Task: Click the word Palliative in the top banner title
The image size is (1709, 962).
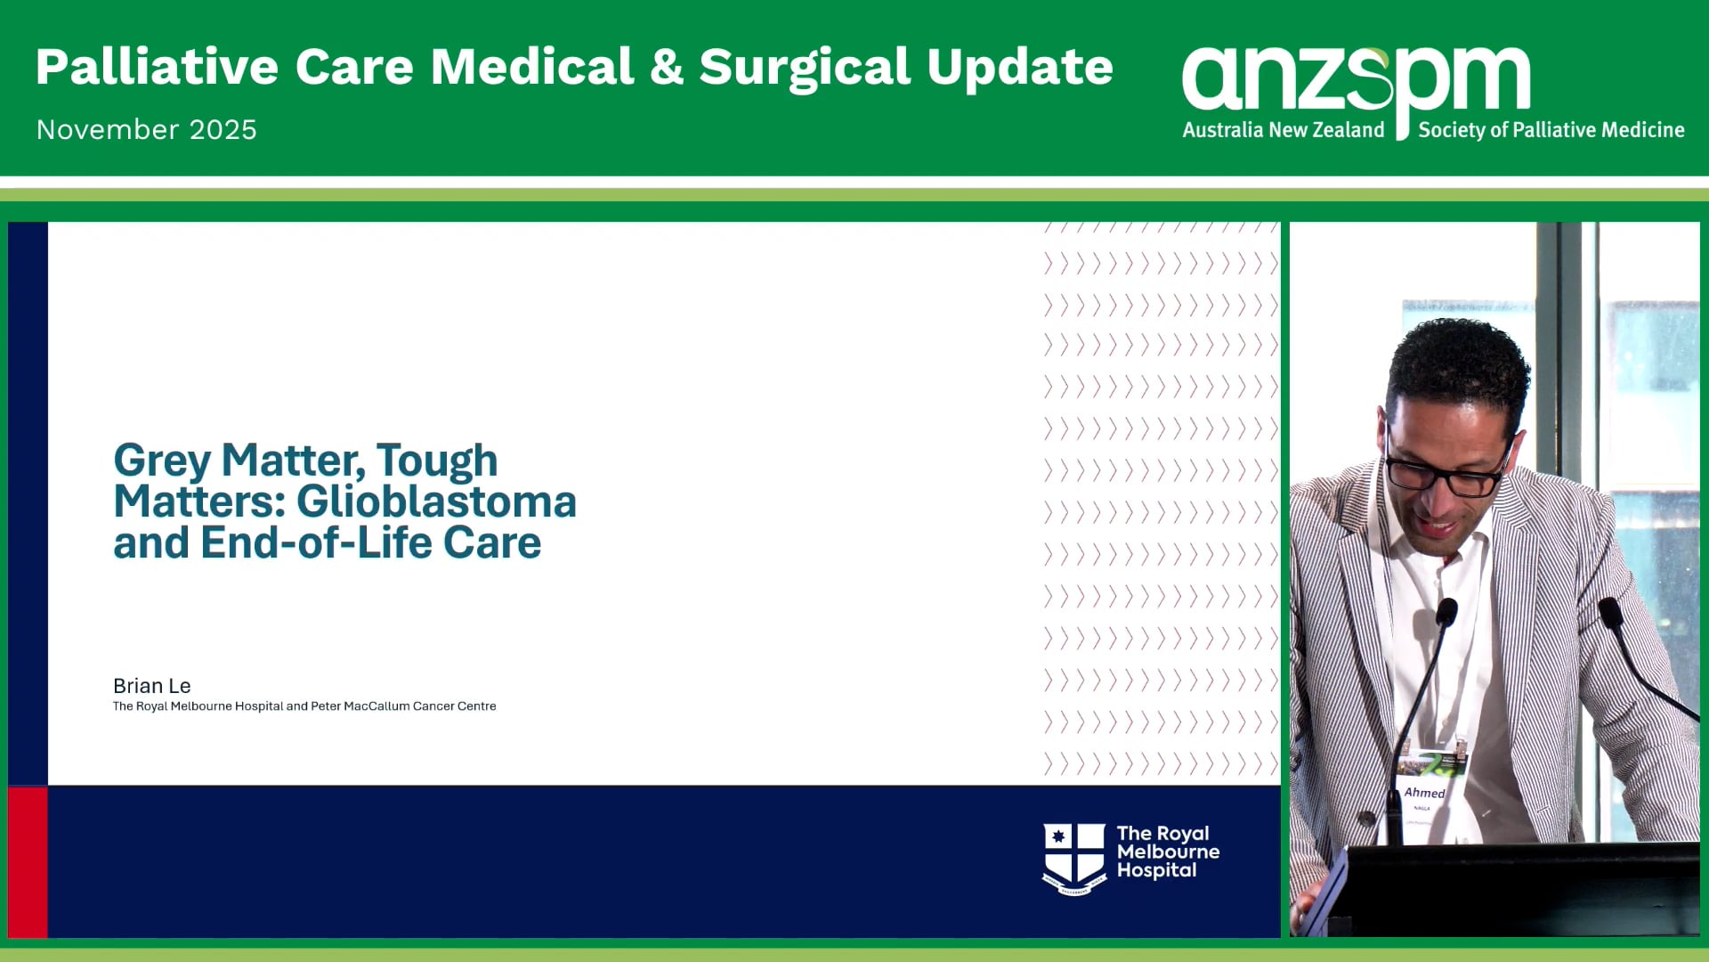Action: click(157, 68)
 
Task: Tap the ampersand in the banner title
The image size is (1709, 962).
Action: click(666, 68)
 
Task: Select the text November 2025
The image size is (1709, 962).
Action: click(147, 130)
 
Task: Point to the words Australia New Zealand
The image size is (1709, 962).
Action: click(1283, 130)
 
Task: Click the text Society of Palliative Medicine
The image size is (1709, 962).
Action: click(1551, 130)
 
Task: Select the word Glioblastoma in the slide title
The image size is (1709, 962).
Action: click(436, 501)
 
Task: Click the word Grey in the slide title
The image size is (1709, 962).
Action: click(162, 461)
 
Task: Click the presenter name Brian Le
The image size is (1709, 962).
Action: click(152, 686)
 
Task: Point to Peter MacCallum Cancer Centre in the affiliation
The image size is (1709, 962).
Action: click(403, 706)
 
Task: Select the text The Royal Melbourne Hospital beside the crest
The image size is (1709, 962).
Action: click(1167, 852)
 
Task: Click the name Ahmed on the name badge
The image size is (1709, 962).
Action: click(1424, 793)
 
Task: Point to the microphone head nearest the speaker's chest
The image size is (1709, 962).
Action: click(1446, 612)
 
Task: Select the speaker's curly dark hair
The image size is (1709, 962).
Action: click(1460, 361)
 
